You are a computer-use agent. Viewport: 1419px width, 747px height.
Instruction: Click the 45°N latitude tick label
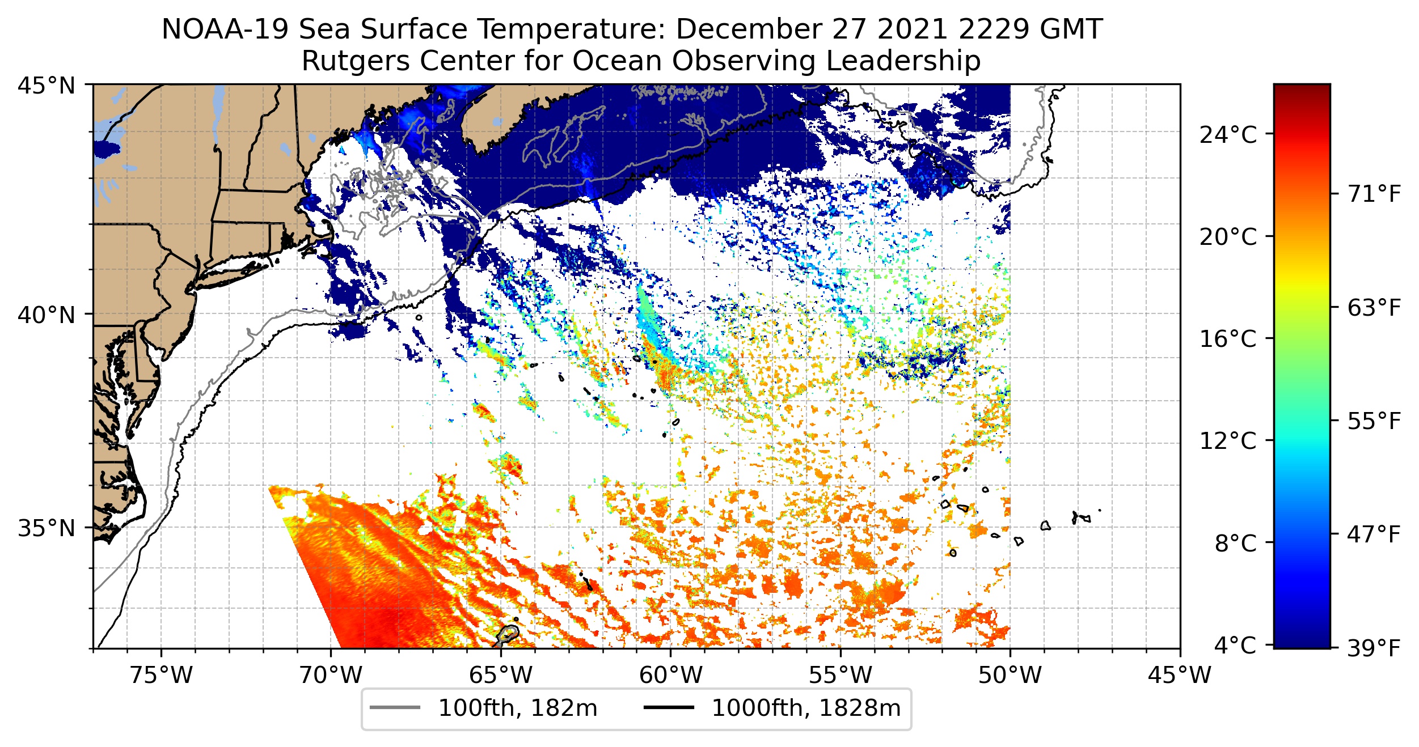[x=47, y=86]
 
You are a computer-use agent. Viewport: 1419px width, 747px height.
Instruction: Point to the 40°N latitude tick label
[x=47, y=315]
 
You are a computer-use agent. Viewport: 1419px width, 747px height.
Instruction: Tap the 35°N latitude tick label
[x=47, y=528]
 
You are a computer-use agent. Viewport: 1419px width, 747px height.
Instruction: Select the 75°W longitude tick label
[x=162, y=675]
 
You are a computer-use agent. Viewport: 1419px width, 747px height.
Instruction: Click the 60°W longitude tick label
[x=671, y=675]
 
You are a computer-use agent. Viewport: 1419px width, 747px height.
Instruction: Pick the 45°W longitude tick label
[x=1180, y=675]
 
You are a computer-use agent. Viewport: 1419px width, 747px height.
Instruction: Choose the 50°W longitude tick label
[x=1010, y=675]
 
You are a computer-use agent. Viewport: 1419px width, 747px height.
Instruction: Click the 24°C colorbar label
[x=1228, y=135]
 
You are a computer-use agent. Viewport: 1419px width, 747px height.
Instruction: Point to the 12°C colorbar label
[x=1228, y=440]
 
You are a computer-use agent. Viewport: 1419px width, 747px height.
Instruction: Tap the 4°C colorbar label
[x=1235, y=645]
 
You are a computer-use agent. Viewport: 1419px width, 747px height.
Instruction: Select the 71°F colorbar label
[x=1374, y=194]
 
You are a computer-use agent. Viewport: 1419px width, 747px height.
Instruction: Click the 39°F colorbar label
[x=1374, y=648]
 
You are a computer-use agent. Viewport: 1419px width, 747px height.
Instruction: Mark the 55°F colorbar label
[x=1374, y=421]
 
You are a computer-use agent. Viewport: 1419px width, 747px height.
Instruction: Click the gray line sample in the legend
[x=395, y=707]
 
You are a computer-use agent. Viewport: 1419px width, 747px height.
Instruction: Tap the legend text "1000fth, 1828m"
[x=806, y=708]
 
